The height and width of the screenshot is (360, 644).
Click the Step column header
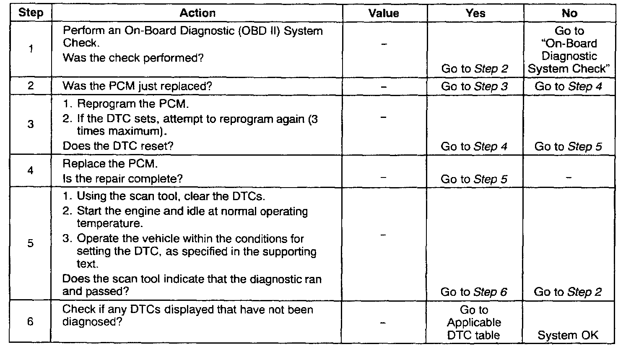click(x=31, y=13)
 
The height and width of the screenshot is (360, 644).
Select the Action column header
click(x=197, y=13)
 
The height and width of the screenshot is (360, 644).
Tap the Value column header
click(x=384, y=13)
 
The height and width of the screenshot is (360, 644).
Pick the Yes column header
click(x=475, y=13)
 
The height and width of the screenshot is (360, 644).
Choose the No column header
click(x=569, y=13)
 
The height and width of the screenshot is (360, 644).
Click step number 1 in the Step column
click(x=31, y=49)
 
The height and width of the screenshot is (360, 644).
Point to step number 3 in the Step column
click(x=31, y=124)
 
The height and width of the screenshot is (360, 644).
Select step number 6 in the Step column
click(x=31, y=322)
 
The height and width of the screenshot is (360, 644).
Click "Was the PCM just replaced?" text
click(x=137, y=86)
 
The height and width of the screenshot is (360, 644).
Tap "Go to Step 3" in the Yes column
click(x=474, y=86)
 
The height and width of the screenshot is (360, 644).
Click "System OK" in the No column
click(x=568, y=335)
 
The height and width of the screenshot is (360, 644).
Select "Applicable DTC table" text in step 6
click(x=474, y=329)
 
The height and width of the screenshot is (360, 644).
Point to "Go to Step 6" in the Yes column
click(x=474, y=292)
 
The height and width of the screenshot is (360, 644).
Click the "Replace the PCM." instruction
click(x=110, y=164)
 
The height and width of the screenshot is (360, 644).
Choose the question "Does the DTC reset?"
click(x=118, y=146)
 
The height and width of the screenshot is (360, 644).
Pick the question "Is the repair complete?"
click(x=122, y=179)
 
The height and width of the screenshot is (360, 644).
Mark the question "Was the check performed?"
click(x=133, y=58)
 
